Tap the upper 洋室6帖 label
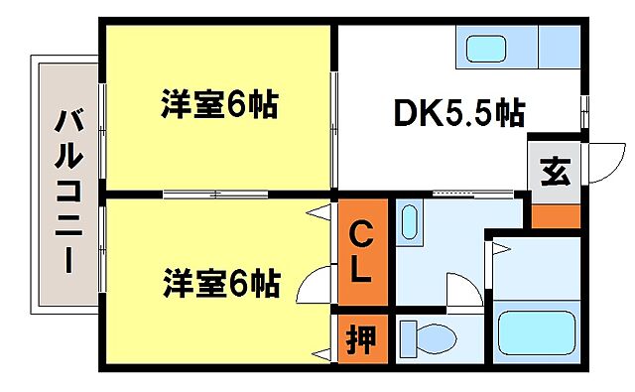[x=219, y=105]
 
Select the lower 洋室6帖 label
[x=219, y=285]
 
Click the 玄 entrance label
[x=555, y=173]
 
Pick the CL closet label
[x=361, y=252]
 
